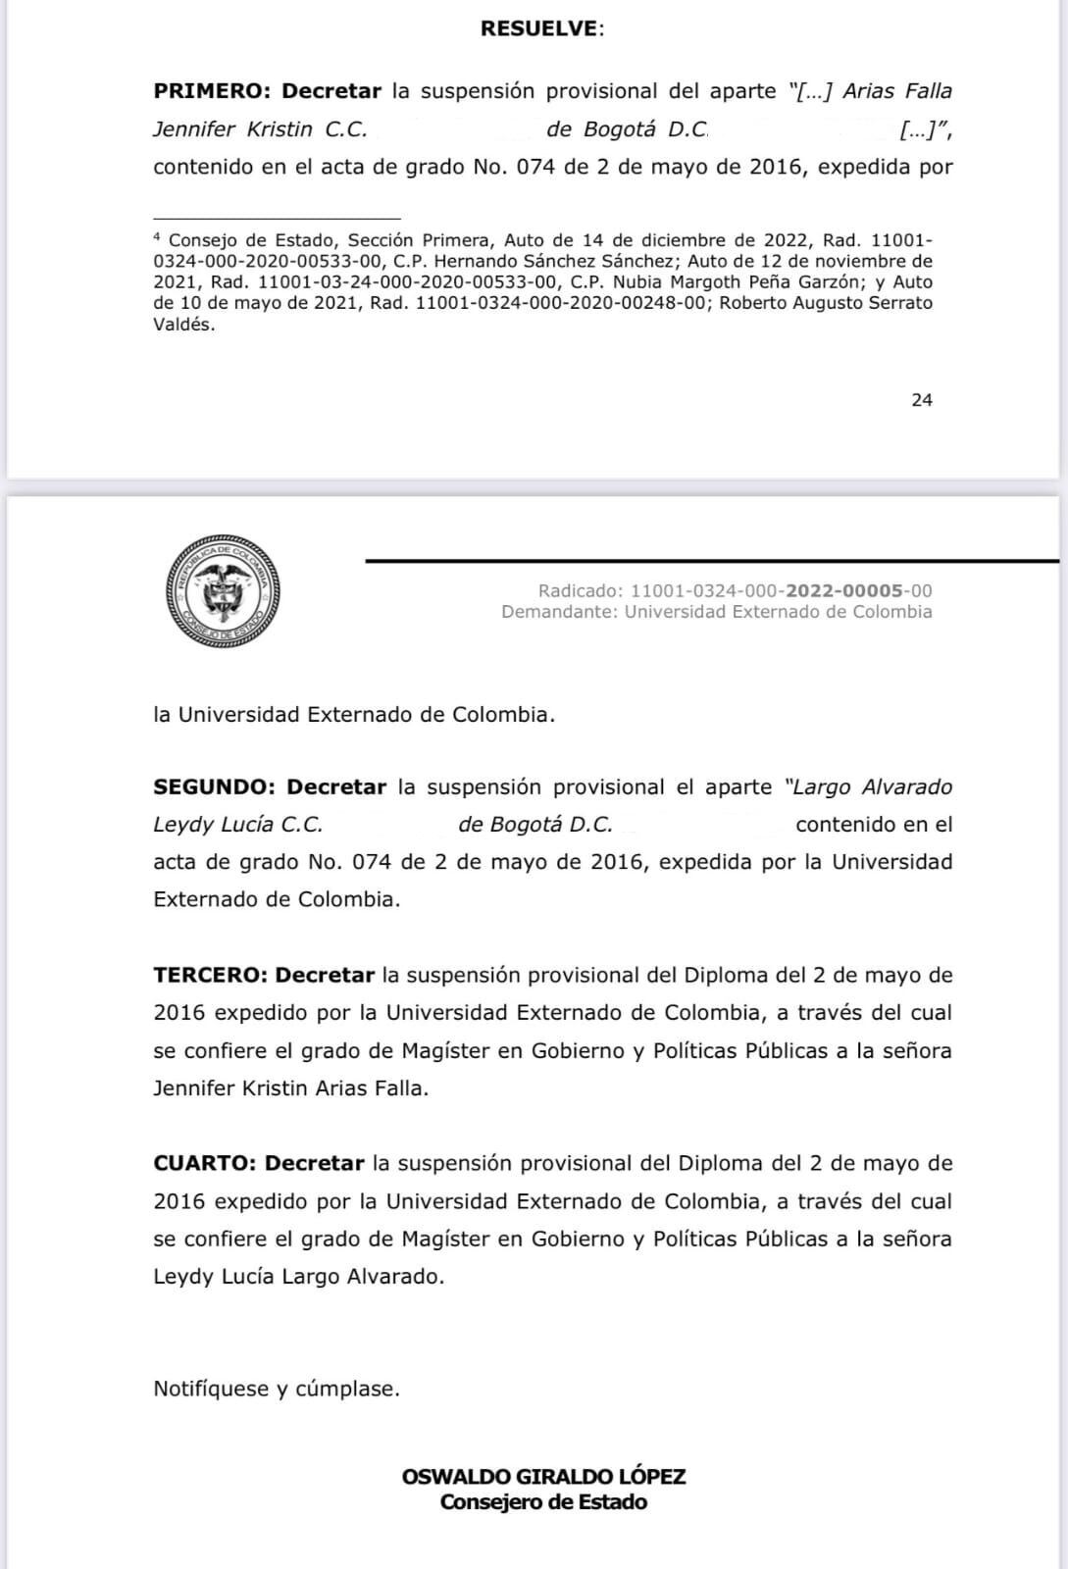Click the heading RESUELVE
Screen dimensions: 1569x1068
click(x=541, y=28)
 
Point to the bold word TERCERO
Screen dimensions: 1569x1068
click(x=210, y=976)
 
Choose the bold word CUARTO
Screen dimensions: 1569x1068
click(x=205, y=1163)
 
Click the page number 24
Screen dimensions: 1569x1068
click(x=922, y=399)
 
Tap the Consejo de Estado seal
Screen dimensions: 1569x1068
click(x=224, y=591)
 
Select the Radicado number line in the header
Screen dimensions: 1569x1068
click(x=735, y=590)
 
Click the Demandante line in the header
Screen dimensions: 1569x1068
click(x=716, y=612)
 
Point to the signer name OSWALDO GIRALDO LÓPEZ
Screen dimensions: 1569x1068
click(x=543, y=1476)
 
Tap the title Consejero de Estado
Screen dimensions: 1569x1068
click(x=543, y=1502)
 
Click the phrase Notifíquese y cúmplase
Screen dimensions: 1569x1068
click(x=277, y=1389)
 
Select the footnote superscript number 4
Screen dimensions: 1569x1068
click(x=157, y=236)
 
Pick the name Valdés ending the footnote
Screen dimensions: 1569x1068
click(x=183, y=325)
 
